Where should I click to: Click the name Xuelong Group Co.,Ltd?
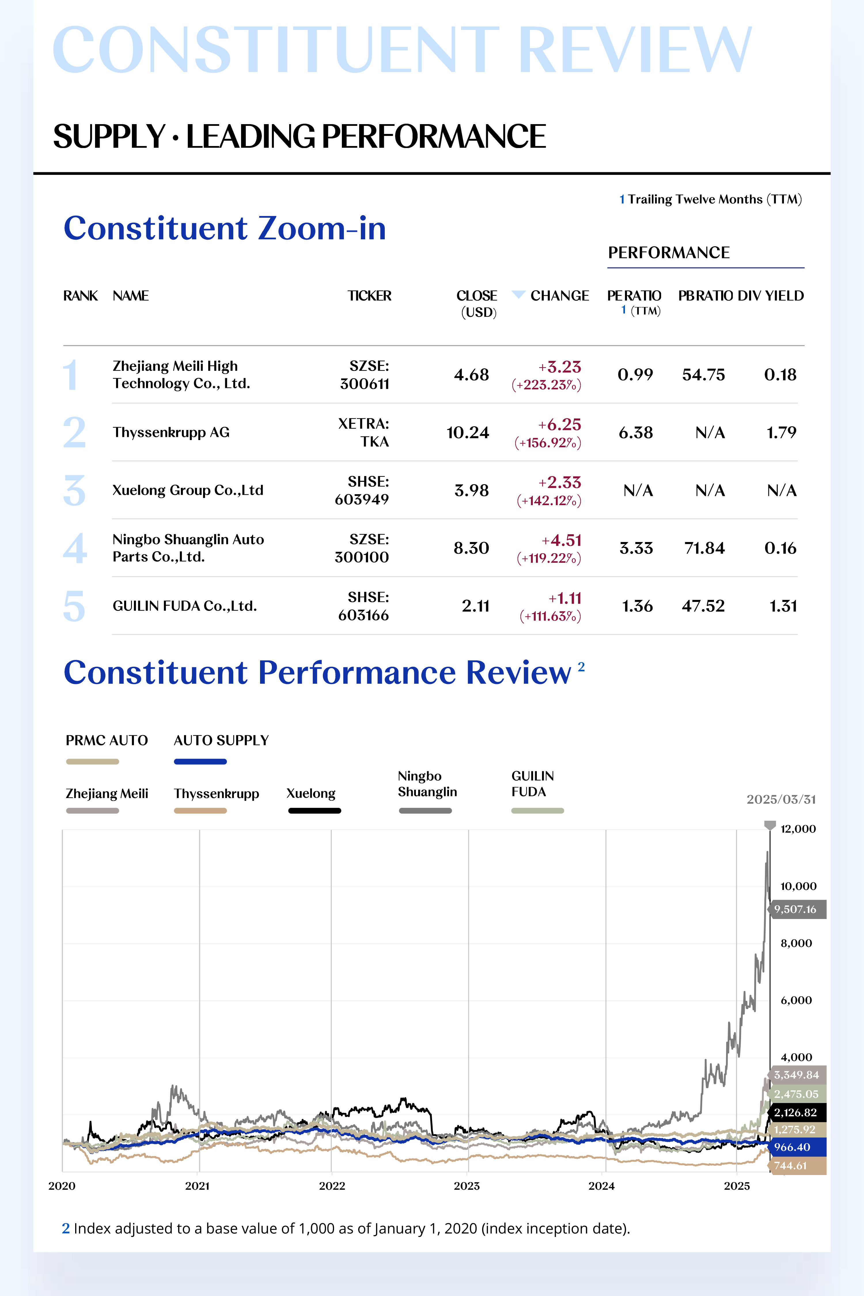click(x=188, y=490)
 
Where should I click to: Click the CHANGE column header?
click(x=559, y=296)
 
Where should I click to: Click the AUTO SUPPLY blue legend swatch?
click(x=200, y=761)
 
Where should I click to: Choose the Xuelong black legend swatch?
click(x=314, y=810)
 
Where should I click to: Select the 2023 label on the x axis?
click(x=467, y=1186)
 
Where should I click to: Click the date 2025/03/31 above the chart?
click(x=781, y=799)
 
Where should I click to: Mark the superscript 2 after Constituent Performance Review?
click(x=581, y=667)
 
